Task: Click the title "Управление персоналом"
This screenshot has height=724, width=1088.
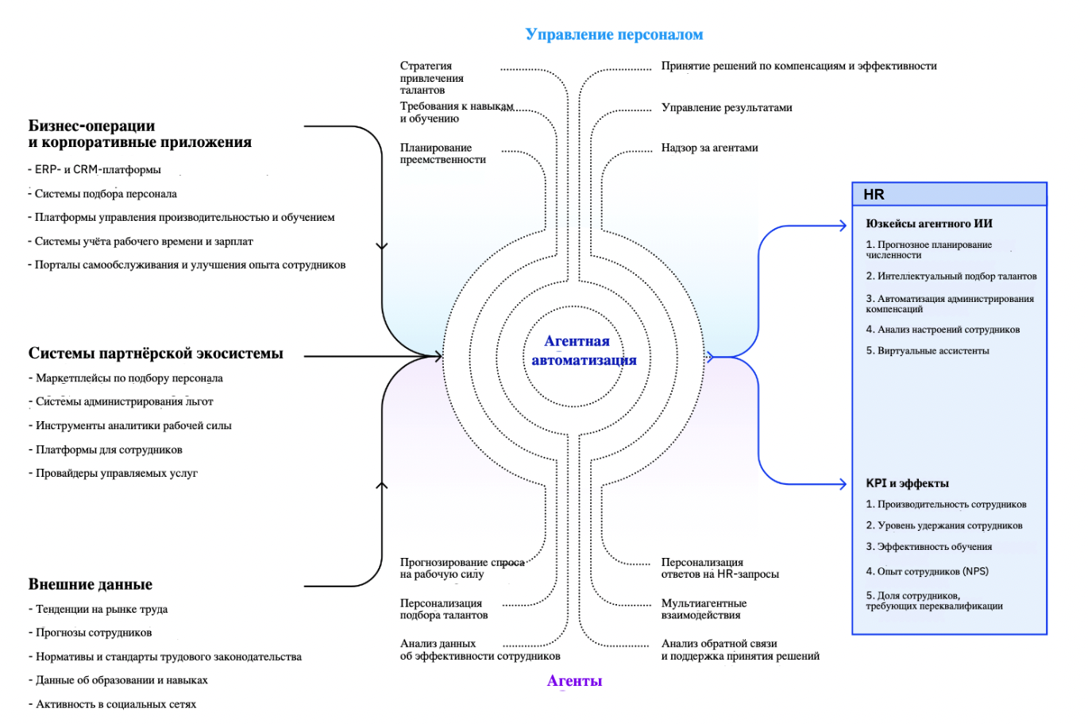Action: click(614, 34)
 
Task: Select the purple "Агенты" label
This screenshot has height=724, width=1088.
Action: click(574, 680)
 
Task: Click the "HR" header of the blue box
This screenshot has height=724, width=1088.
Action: click(874, 195)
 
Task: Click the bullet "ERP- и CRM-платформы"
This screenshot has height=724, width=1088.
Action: click(98, 169)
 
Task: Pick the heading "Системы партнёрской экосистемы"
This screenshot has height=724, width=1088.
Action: click(156, 354)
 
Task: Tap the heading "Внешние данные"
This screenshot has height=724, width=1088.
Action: click(91, 584)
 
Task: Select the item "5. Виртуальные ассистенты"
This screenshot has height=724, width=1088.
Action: click(928, 350)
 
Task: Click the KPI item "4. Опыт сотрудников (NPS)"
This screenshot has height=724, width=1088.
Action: click(927, 571)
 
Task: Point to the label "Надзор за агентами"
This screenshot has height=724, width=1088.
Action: click(709, 148)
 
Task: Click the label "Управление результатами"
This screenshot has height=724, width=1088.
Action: click(727, 107)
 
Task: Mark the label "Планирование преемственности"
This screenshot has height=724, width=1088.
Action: click(442, 153)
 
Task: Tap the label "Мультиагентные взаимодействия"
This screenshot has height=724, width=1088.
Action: click(704, 609)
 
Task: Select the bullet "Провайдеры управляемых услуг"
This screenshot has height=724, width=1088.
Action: click(116, 473)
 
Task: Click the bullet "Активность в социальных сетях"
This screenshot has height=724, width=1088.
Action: click(115, 704)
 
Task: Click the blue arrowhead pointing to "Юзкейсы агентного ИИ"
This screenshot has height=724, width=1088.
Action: click(843, 226)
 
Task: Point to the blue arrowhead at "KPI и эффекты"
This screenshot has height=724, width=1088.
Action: click(843, 484)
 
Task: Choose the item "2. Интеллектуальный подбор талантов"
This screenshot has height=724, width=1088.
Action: click(951, 277)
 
